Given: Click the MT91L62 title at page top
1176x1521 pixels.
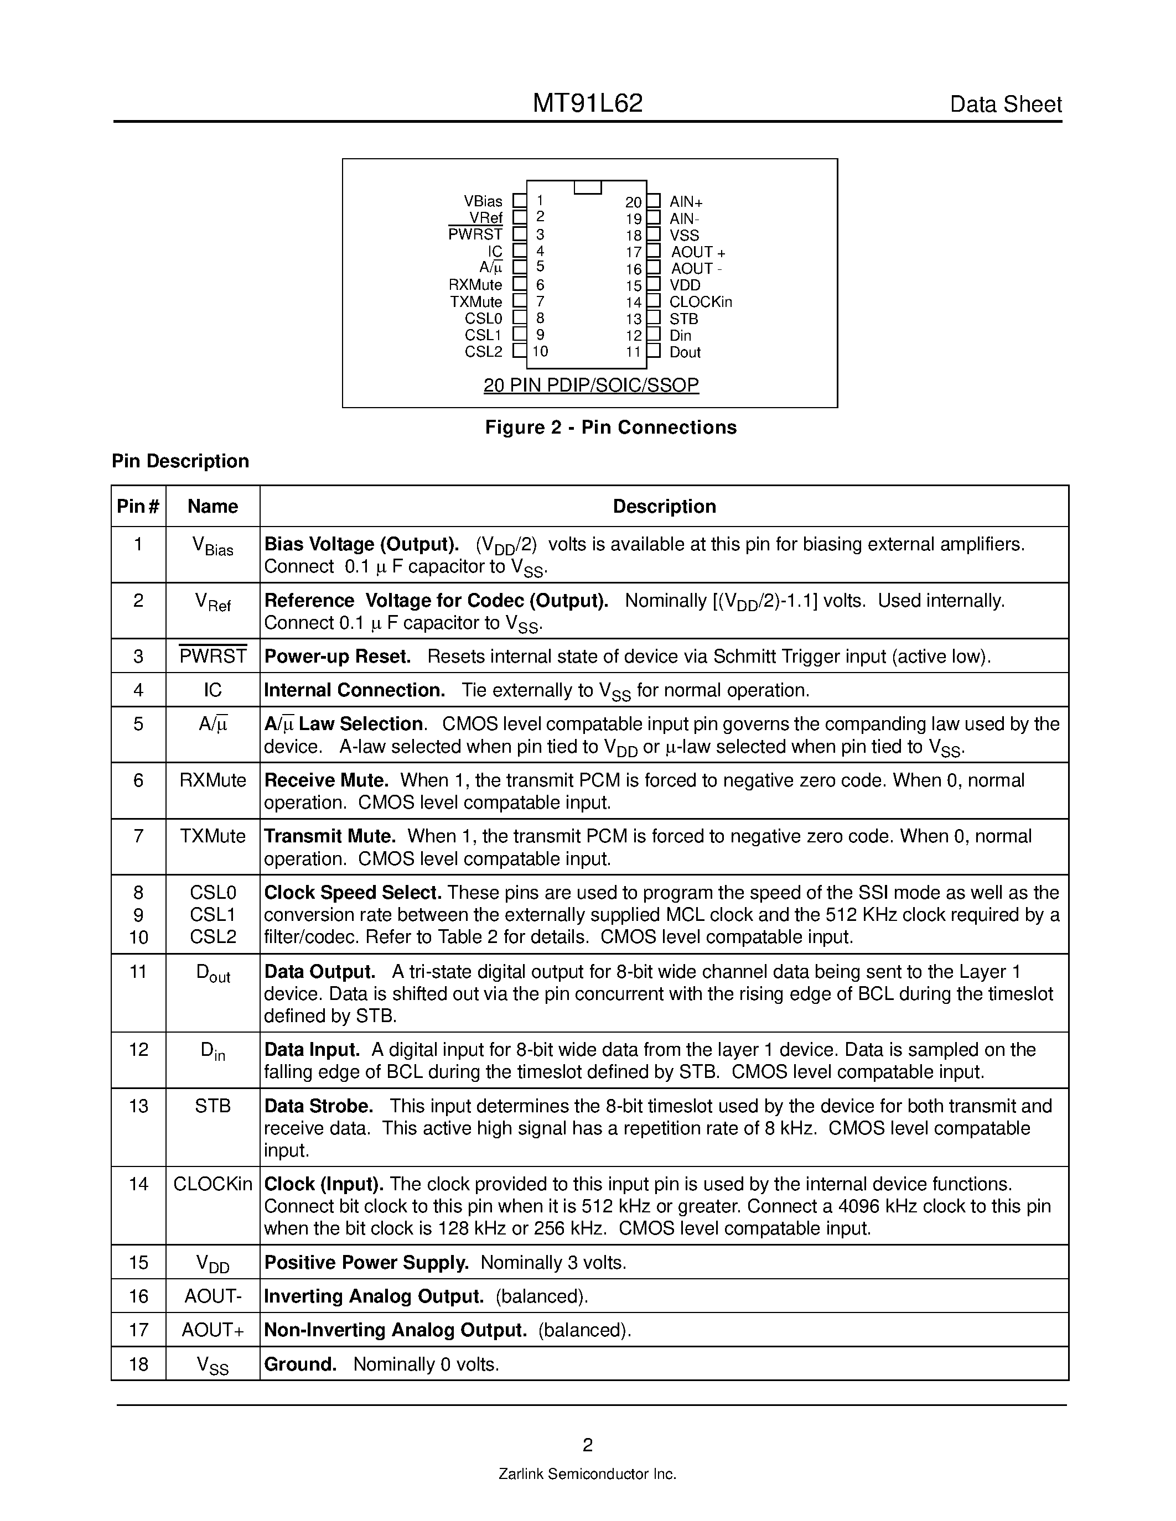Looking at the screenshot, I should coord(587,104).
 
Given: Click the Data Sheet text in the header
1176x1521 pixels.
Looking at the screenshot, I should coord(1006,105).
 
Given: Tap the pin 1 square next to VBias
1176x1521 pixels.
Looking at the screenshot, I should coord(519,201).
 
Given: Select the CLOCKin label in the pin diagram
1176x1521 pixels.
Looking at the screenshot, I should coord(700,301).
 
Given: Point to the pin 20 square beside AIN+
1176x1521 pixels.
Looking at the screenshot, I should coord(654,201).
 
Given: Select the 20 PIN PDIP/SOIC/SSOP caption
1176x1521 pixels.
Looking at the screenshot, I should coord(591,384).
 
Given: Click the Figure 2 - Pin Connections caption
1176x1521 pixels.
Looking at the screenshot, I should coord(610,427).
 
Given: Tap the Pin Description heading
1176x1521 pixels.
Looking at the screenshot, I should coord(180,461).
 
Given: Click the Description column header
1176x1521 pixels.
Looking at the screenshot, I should coord(664,506).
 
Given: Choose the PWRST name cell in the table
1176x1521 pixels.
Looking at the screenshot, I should coord(213,656).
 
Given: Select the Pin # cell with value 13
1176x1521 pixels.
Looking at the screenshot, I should coord(139,1106).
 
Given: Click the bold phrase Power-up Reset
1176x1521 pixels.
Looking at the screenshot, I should coord(337,656).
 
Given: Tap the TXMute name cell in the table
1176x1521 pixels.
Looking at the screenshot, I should coord(213,836).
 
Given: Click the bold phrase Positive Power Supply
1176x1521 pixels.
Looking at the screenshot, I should coord(366,1263).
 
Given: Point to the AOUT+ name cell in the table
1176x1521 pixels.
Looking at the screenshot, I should coord(213,1330).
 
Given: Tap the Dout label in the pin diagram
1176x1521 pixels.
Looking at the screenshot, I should coord(685,352).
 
